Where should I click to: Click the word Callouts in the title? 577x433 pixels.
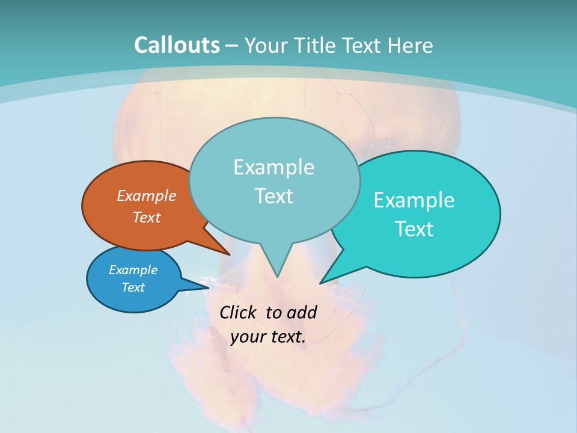(177, 45)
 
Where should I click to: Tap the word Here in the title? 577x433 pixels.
(412, 46)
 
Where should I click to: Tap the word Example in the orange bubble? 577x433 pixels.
(147, 195)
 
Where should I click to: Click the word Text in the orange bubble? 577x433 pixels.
(147, 217)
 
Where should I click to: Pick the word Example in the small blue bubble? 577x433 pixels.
(133, 270)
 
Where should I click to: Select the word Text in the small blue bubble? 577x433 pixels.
(133, 287)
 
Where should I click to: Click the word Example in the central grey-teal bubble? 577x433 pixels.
(273, 167)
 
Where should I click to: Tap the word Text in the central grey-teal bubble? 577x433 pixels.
(273, 196)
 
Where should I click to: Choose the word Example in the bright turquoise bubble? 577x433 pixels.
(414, 200)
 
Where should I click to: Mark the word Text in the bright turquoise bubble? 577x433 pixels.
(414, 229)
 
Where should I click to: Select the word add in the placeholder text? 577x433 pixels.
(302, 312)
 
